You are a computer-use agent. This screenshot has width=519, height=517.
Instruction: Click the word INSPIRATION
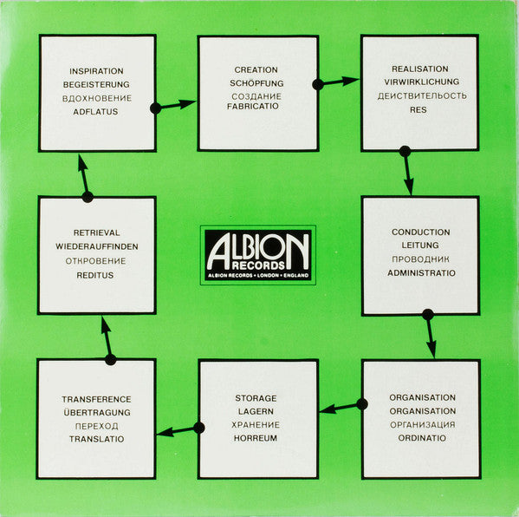click(x=96, y=71)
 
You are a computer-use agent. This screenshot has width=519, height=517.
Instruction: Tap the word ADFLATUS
click(x=95, y=112)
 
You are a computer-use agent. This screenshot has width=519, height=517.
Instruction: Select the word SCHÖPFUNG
click(x=256, y=83)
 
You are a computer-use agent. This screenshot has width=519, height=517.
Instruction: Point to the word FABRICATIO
click(x=252, y=106)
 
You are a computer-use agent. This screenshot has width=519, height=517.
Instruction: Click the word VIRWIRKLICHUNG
click(x=421, y=82)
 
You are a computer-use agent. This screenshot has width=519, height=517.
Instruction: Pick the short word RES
click(x=418, y=109)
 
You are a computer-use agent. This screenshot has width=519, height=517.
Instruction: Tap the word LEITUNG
click(x=420, y=245)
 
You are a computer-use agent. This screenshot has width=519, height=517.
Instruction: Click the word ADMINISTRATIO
click(x=421, y=272)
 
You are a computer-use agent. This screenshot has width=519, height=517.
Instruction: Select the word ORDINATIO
click(x=422, y=438)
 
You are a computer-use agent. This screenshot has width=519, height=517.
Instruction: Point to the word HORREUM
click(x=256, y=438)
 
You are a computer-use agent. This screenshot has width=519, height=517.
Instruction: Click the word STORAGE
click(x=256, y=398)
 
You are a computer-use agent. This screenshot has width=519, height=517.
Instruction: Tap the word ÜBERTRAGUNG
click(x=97, y=412)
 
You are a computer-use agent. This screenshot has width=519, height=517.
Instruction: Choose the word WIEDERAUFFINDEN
click(x=97, y=246)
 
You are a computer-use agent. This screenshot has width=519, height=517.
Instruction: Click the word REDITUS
click(x=95, y=275)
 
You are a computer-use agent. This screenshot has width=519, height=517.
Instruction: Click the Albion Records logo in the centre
click(x=258, y=255)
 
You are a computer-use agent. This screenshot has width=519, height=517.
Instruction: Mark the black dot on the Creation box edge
click(x=318, y=84)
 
